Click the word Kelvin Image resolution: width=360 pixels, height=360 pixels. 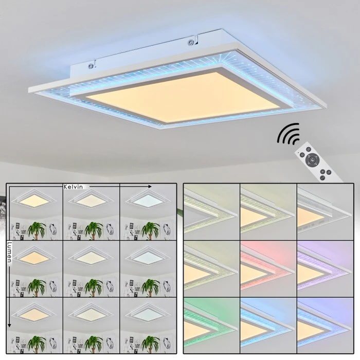point(73,187)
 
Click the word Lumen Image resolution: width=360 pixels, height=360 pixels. point(9,252)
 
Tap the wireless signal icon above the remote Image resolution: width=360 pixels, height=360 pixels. point(289,134)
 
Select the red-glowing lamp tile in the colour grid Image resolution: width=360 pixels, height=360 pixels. point(268,268)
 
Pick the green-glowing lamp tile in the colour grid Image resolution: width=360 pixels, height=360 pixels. point(211,326)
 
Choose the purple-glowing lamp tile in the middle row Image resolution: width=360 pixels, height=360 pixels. point(325,268)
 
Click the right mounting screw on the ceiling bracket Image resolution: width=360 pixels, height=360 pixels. point(191,42)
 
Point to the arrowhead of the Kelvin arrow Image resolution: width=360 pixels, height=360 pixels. point(150,187)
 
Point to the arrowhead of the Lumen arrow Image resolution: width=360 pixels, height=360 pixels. point(9,325)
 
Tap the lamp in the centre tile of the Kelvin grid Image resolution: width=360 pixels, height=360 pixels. point(91,257)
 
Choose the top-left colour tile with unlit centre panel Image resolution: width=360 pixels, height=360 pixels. point(211,212)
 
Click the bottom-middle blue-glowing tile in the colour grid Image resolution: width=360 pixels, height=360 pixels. point(268,326)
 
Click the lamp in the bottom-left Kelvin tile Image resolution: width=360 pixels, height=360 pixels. point(34,313)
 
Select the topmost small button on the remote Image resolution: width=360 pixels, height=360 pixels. point(309,150)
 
